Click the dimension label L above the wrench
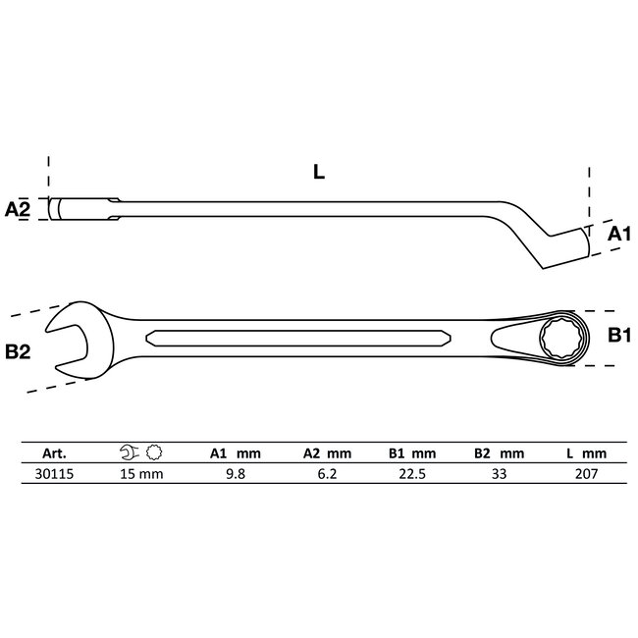pyautogui.click(x=318, y=171)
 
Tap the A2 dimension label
pyautogui.click(x=20, y=209)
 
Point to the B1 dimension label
pyautogui.click(x=617, y=337)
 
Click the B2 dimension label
pyautogui.click(x=19, y=350)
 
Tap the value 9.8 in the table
pyautogui.click(x=233, y=473)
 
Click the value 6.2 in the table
pyautogui.click(x=324, y=473)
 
